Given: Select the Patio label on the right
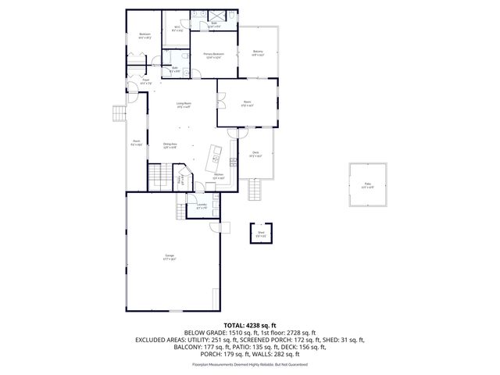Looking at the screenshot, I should [x=367, y=186].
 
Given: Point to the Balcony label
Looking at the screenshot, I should [x=258, y=54].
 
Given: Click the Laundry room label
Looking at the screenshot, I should [x=202, y=207].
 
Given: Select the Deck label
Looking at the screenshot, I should [x=255, y=154].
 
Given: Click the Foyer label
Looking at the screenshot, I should [x=145, y=80].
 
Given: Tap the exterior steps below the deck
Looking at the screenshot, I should [x=255, y=190].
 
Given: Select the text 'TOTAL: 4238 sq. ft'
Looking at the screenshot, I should [x=249, y=323].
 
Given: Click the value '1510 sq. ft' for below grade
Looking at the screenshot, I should [x=230, y=332].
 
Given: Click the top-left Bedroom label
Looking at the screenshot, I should [x=145, y=35].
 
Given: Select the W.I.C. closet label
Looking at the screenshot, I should [x=177, y=30].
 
